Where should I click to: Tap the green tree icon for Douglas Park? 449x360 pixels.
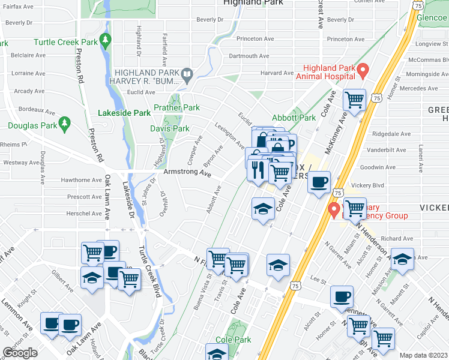[65, 124]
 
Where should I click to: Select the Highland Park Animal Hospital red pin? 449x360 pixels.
[362, 72]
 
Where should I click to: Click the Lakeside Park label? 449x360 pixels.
[124, 113]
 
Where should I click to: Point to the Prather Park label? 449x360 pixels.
[176, 107]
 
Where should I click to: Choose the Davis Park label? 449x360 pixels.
[170, 128]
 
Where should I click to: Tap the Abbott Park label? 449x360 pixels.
[294, 118]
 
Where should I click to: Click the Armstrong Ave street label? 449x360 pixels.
[187, 173]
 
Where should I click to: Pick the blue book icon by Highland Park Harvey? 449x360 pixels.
[187, 76]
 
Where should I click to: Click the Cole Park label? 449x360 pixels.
[232, 340]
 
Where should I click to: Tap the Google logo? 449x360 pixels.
[20, 353]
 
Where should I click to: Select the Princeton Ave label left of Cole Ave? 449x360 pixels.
[255, 39]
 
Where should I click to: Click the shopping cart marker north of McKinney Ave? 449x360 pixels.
[354, 100]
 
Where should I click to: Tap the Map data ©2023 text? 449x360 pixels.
[423, 355]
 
